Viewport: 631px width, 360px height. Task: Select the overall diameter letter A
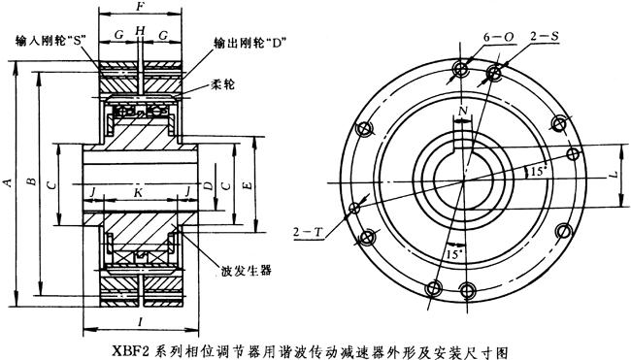coord(9,180)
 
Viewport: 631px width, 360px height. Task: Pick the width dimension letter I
coord(142,319)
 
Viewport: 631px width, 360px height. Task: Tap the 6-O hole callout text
coord(494,36)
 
